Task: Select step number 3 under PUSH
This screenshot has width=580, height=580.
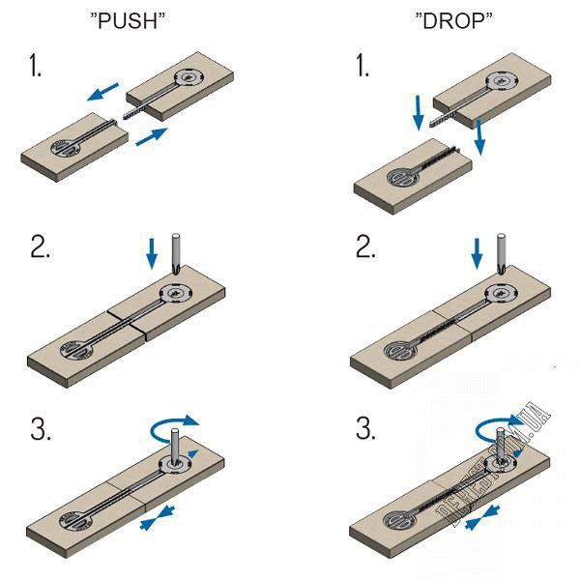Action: point(40,429)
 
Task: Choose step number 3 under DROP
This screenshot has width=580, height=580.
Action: point(365,429)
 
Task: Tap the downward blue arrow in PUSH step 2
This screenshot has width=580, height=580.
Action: point(151,255)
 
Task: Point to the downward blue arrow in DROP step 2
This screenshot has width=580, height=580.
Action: point(477,255)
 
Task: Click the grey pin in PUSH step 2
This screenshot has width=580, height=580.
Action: point(176,254)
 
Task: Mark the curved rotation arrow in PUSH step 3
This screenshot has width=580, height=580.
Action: point(175,421)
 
